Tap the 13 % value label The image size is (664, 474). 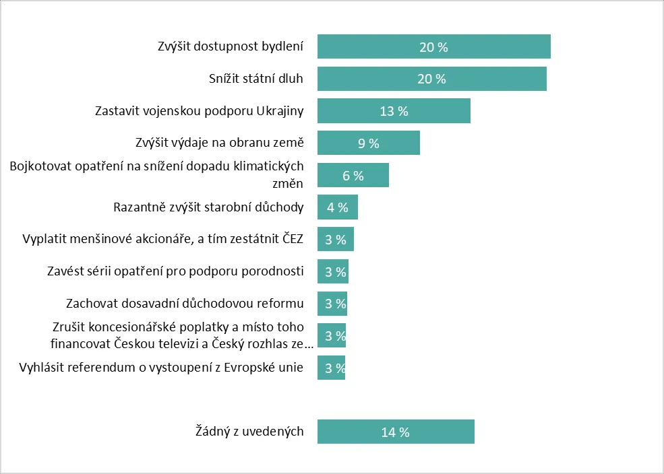394,111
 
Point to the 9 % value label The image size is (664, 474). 368,143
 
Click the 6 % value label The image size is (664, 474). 353,176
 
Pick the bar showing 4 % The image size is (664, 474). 337,207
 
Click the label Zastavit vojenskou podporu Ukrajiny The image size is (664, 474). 200,110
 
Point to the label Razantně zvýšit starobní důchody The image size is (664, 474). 209,207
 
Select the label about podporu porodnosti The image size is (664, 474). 176,271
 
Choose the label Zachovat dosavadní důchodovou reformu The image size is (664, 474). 185,304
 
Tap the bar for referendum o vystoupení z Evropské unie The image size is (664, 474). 331,368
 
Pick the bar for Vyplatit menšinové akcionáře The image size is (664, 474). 335,240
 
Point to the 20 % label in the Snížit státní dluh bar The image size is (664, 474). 431,79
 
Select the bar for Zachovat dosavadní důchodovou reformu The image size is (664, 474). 332,304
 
